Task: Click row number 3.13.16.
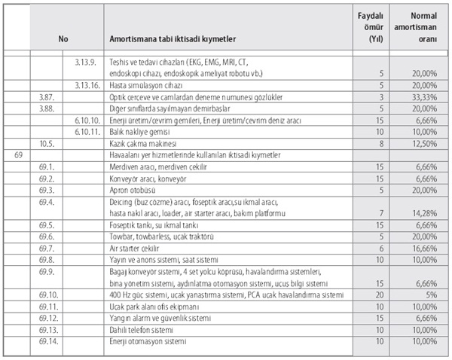click(x=88, y=86)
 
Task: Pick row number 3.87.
click(x=47, y=97)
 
